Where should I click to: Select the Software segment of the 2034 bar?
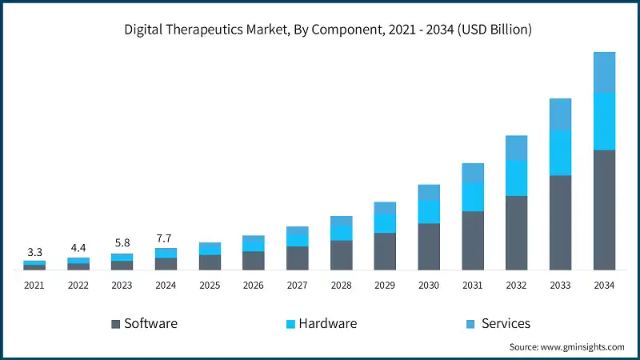604,210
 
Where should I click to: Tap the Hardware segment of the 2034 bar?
604,121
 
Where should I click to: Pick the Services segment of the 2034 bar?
604,72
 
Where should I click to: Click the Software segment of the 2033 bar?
560,222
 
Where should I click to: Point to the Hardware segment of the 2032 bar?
516,178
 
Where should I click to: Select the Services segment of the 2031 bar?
473,173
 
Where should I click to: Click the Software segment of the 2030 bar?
429,246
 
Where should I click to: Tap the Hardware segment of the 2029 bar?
385,223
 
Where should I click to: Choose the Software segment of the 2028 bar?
341,255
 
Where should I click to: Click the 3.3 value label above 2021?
34,252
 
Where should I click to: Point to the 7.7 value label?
166,238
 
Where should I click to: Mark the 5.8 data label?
122,243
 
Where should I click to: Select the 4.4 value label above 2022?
78,248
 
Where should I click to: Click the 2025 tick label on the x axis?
210,285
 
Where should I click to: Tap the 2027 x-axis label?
298,285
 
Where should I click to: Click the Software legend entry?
144,323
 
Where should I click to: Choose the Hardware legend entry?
322,323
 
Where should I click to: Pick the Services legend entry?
498,323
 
